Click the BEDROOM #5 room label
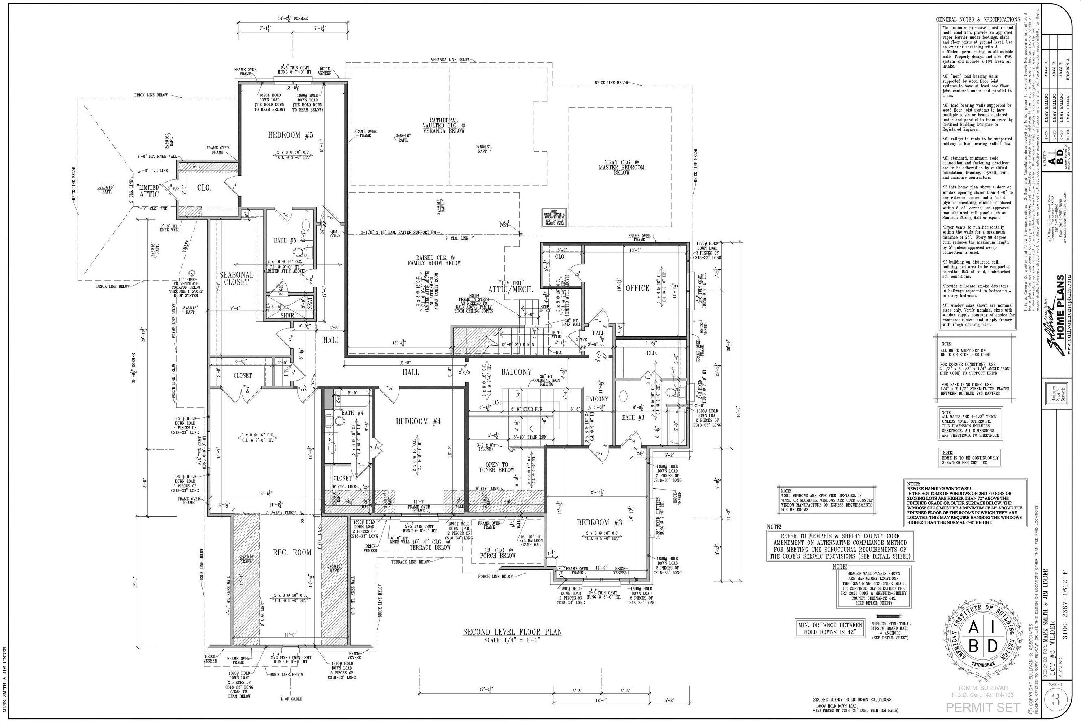[290, 135]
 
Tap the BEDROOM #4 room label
[418, 421]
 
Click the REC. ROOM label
[292, 552]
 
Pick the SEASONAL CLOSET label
[236, 278]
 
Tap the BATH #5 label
[284, 240]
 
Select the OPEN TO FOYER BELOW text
[496, 467]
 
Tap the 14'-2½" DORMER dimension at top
[292, 19]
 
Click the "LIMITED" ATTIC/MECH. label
[511, 286]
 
